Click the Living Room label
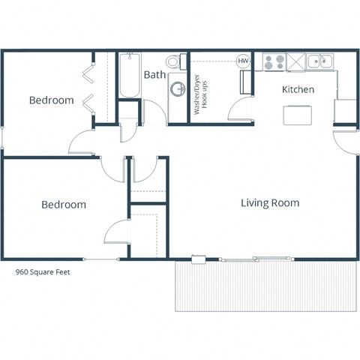tap(270, 203)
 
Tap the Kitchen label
tap(298, 90)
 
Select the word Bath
tap(155, 75)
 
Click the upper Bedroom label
tap(51, 100)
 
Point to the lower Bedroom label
tap(63, 205)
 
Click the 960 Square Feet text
tap(43, 273)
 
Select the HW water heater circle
tap(243, 61)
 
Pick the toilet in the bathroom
tap(173, 61)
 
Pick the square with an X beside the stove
tap(295, 61)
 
